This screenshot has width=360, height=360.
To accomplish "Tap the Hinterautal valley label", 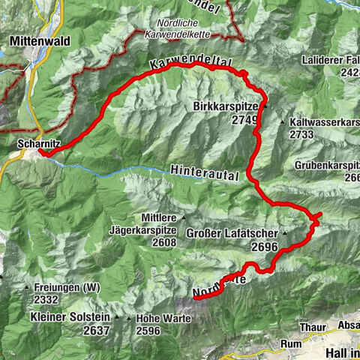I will (x=204, y=172).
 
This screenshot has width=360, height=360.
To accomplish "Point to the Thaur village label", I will (x=310, y=326).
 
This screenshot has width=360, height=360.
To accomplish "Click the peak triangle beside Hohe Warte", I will (x=130, y=318).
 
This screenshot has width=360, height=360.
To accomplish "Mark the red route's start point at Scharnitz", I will (x=41, y=153).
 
